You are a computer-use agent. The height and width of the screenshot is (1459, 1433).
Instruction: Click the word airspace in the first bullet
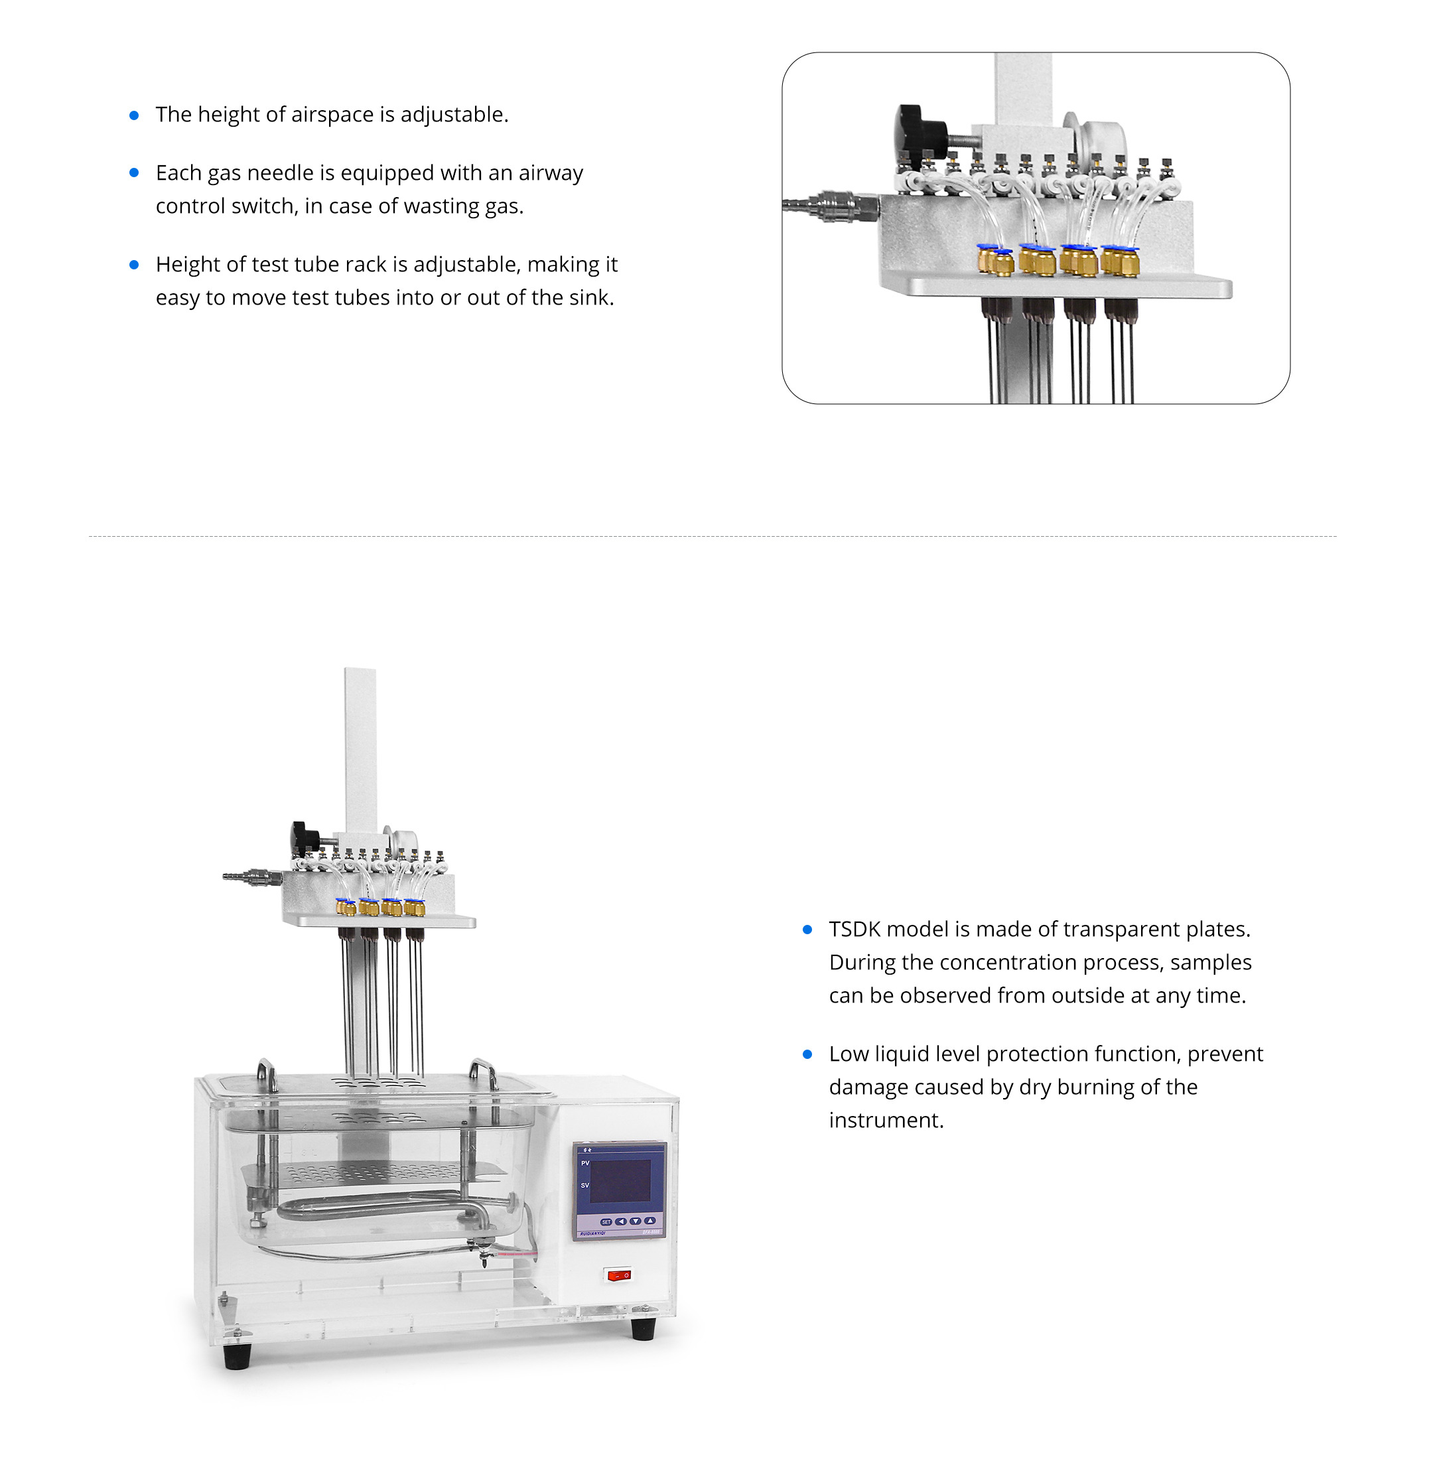332,114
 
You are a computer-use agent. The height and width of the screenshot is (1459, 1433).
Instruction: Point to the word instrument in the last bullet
886,1120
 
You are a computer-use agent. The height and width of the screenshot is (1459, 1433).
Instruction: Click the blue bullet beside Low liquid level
807,1054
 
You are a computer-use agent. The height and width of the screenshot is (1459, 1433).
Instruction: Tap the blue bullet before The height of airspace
134,115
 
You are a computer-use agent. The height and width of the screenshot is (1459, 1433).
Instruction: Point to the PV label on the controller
584,1163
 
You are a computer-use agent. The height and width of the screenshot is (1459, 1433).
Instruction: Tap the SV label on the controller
584,1186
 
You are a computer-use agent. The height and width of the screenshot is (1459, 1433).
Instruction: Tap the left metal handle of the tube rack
267,1074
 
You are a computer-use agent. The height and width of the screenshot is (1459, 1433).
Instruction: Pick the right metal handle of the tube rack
484,1073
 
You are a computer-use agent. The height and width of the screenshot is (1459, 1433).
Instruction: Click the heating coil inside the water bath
384,1209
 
